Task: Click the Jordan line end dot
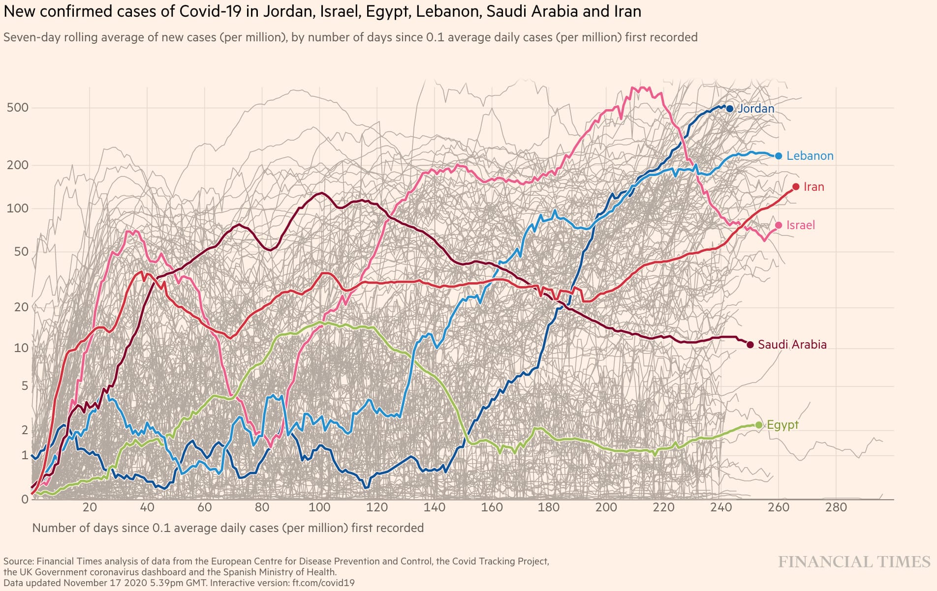point(730,109)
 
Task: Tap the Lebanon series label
point(810,156)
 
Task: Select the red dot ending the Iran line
point(796,187)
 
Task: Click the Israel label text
point(800,225)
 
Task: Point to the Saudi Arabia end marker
point(750,345)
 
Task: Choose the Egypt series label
point(782,425)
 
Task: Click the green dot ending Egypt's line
point(758,425)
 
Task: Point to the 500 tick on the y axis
point(18,108)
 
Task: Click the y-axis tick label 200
point(18,165)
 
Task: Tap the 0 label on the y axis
point(25,500)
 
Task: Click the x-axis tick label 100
point(319,507)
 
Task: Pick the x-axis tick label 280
point(836,507)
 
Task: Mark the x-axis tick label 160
point(492,507)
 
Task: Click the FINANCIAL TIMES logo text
point(854,562)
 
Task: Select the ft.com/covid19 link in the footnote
point(323,583)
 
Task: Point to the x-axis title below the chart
point(228,528)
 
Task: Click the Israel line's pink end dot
point(778,225)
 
